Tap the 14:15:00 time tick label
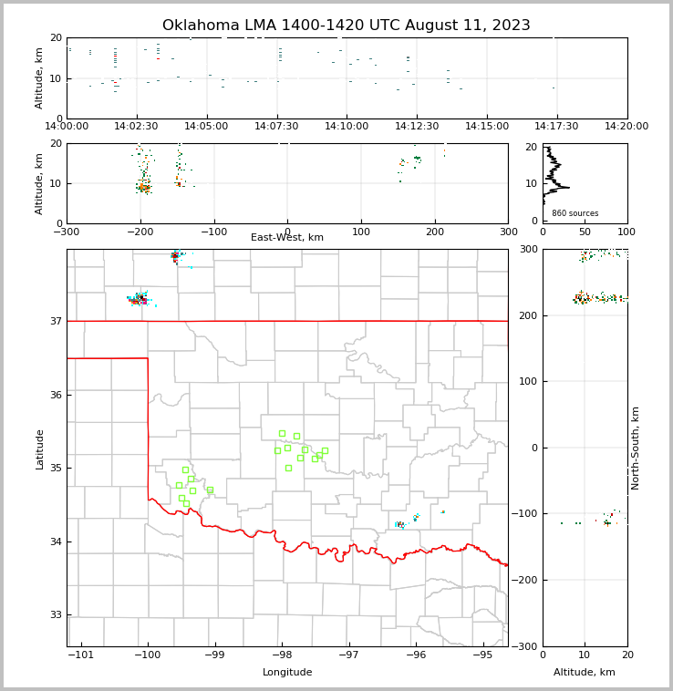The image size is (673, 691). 487,126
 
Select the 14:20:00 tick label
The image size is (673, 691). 626,126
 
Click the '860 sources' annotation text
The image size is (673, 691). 575,213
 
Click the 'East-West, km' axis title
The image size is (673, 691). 287,238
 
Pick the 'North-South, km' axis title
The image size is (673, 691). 636,448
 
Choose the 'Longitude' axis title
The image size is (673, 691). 287,673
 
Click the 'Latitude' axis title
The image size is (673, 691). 39,449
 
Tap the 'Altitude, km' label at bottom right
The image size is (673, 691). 585,673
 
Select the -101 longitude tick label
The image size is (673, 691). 80,655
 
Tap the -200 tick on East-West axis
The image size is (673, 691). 140,232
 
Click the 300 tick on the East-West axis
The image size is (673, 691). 508,232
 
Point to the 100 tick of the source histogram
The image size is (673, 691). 626,232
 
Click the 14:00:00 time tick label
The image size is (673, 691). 67,126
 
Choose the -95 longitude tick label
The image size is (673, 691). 482,655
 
